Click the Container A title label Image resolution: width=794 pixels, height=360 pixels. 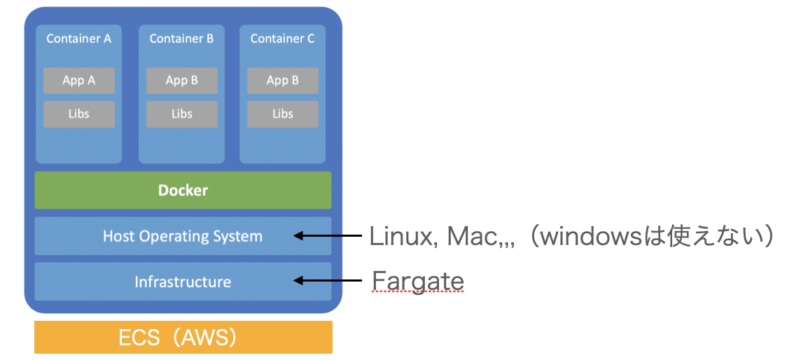[78, 39]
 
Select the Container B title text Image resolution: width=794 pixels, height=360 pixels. [181, 39]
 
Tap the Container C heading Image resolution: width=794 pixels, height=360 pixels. [282, 39]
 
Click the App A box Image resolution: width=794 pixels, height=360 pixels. [79, 81]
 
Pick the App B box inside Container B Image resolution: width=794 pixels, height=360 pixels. [182, 81]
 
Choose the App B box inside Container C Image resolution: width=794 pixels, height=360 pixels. [283, 81]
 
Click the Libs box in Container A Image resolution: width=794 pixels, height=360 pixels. [79, 113]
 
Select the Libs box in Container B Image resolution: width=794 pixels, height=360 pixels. [182, 113]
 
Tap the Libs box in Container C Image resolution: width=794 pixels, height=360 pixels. [283, 113]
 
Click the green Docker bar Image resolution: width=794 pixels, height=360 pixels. [183, 190]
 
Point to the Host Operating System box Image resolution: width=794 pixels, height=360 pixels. [183, 236]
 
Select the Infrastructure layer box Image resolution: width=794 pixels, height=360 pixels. [183, 282]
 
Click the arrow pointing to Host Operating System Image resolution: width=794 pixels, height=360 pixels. [327, 236]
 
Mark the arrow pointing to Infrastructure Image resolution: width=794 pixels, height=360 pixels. [327, 282]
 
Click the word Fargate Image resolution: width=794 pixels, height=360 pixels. [418, 281]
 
